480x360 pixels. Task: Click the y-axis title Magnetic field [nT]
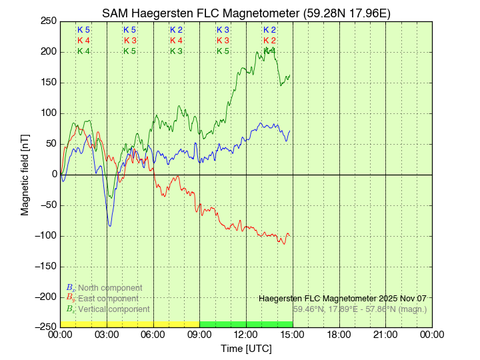click(25, 173)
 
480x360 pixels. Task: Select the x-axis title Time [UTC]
click(246, 349)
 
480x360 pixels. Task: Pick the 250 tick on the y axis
click(48, 21)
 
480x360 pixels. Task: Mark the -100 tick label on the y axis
click(45, 236)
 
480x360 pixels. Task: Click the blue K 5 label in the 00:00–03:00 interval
click(83, 30)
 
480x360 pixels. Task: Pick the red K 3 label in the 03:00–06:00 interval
click(130, 41)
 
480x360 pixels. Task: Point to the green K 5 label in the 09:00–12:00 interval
click(223, 51)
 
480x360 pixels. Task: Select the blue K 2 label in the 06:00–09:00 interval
click(176, 30)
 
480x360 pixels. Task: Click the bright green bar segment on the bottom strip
click(246, 324)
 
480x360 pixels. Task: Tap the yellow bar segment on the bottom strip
click(130, 324)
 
